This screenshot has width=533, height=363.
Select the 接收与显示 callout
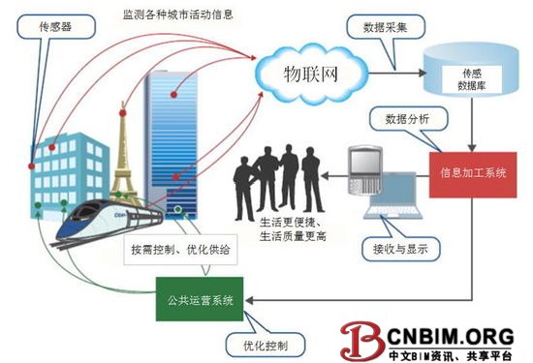coord(391,247)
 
